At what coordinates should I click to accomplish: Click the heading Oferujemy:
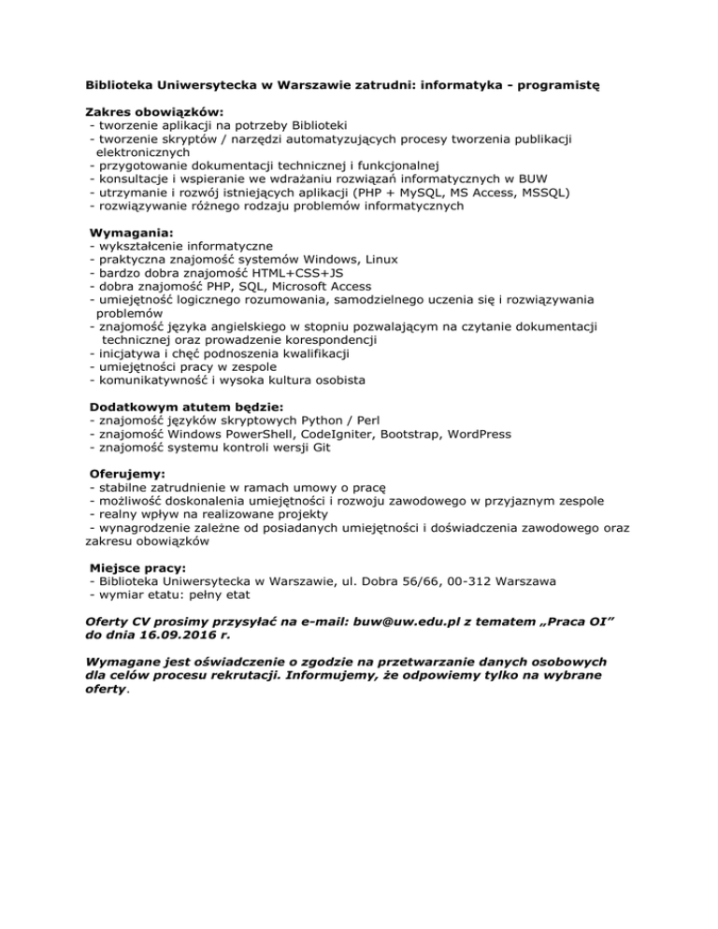pyautogui.click(x=126, y=474)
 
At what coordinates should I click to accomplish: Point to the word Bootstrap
pyautogui.click(x=411, y=435)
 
